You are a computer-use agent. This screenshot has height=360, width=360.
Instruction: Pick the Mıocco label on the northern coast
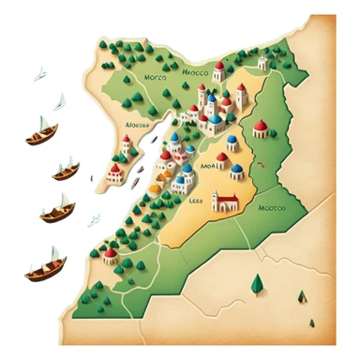(x=193, y=68)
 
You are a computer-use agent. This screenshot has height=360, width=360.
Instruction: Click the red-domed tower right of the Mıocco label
(x=218, y=71)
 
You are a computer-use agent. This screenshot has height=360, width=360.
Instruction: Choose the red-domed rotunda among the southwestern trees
(x=111, y=254)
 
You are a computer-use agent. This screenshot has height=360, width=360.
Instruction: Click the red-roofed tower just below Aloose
(x=126, y=145)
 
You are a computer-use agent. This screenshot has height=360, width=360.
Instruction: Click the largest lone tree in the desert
(x=255, y=281)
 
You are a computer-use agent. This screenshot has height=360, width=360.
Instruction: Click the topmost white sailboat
(x=41, y=71)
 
